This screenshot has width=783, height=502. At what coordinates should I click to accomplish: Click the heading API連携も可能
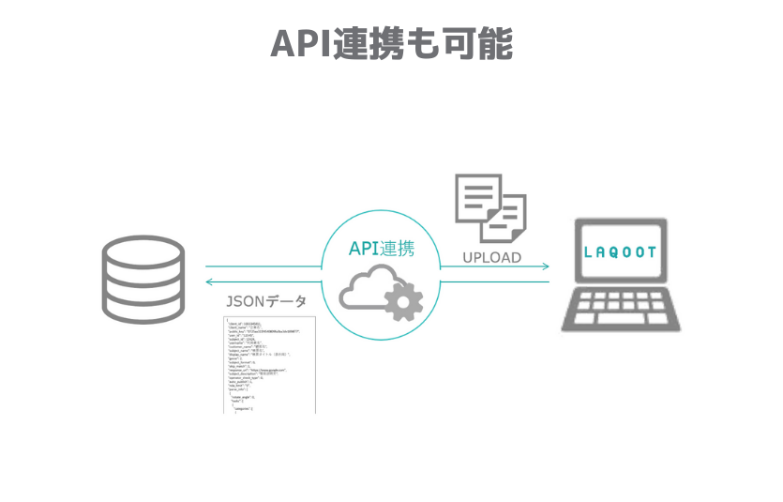(x=391, y=43)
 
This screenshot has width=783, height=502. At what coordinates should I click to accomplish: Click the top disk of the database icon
(x=143, y=251)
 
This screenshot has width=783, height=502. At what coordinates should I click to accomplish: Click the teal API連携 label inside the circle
(x=381, y=249)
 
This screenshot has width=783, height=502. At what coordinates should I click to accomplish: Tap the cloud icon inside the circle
(x=369, y=288)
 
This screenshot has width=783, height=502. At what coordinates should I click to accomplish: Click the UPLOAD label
(x=491, y=256)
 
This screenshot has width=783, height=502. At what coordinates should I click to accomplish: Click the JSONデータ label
(x=265, y=302)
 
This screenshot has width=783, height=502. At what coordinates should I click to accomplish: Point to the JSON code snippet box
(x=269, y=365)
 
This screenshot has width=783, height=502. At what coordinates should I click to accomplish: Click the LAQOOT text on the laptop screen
(x=620, y=252)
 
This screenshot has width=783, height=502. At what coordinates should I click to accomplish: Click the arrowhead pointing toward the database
(x=209, y=281)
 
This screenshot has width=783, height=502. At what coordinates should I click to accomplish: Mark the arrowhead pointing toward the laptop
(x=546, y=266)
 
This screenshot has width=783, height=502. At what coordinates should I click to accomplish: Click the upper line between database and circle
(x=263, y=266)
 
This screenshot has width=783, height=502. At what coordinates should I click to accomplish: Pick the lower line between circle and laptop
(x=495, y=281)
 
